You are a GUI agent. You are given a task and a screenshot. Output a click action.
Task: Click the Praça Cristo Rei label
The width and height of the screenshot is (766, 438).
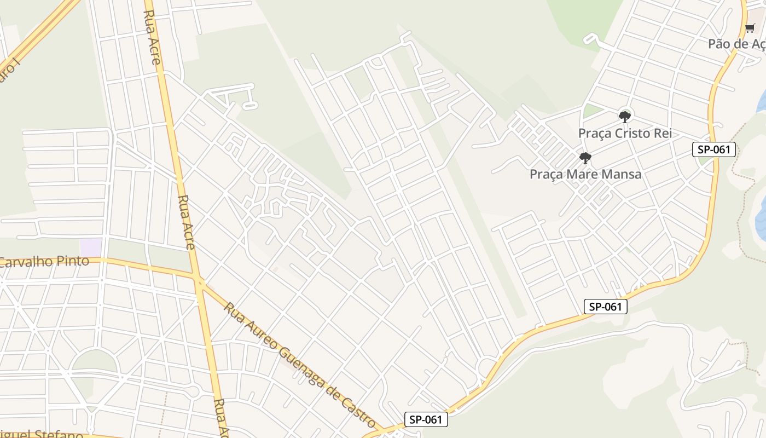(x=625, y=133)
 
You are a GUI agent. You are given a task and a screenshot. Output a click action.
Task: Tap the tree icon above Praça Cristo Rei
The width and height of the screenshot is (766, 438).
(x=624, y=117)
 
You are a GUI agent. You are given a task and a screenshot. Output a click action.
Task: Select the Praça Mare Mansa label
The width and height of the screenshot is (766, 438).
(x=585, y=174)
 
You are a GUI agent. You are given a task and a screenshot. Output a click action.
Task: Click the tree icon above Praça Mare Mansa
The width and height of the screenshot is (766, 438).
(x=585, y=158)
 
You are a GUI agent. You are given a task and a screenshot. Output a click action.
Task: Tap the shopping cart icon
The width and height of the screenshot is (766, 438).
(x=750, y=28)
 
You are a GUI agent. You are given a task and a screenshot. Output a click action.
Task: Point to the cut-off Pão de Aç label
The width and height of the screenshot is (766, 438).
(x=736, y=44)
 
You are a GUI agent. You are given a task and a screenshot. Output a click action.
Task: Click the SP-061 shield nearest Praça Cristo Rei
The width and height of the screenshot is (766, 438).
(x=713, y=149)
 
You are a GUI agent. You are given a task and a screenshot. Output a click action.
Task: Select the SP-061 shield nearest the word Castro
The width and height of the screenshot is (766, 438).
(x=426, y=420)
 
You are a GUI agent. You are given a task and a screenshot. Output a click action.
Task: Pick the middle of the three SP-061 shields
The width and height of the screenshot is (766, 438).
(x=605, y=307)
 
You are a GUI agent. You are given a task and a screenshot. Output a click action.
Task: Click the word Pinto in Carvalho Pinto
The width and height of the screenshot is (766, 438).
(x=72, y=261)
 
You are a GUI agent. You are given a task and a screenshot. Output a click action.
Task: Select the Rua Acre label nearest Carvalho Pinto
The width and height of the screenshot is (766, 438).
(x=187, y=222)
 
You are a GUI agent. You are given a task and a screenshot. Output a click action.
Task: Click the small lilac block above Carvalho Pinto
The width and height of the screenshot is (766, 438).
(x=91, y=246)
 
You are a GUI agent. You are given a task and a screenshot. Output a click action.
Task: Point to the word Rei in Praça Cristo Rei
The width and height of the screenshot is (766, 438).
(x=661, y=133)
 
